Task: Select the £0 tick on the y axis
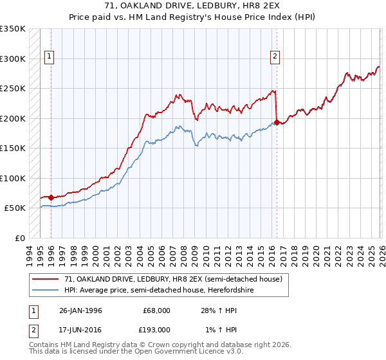19,238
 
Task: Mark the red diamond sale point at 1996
51,197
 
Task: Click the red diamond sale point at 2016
277,122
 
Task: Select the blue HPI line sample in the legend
46,290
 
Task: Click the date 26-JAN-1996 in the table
80,310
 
